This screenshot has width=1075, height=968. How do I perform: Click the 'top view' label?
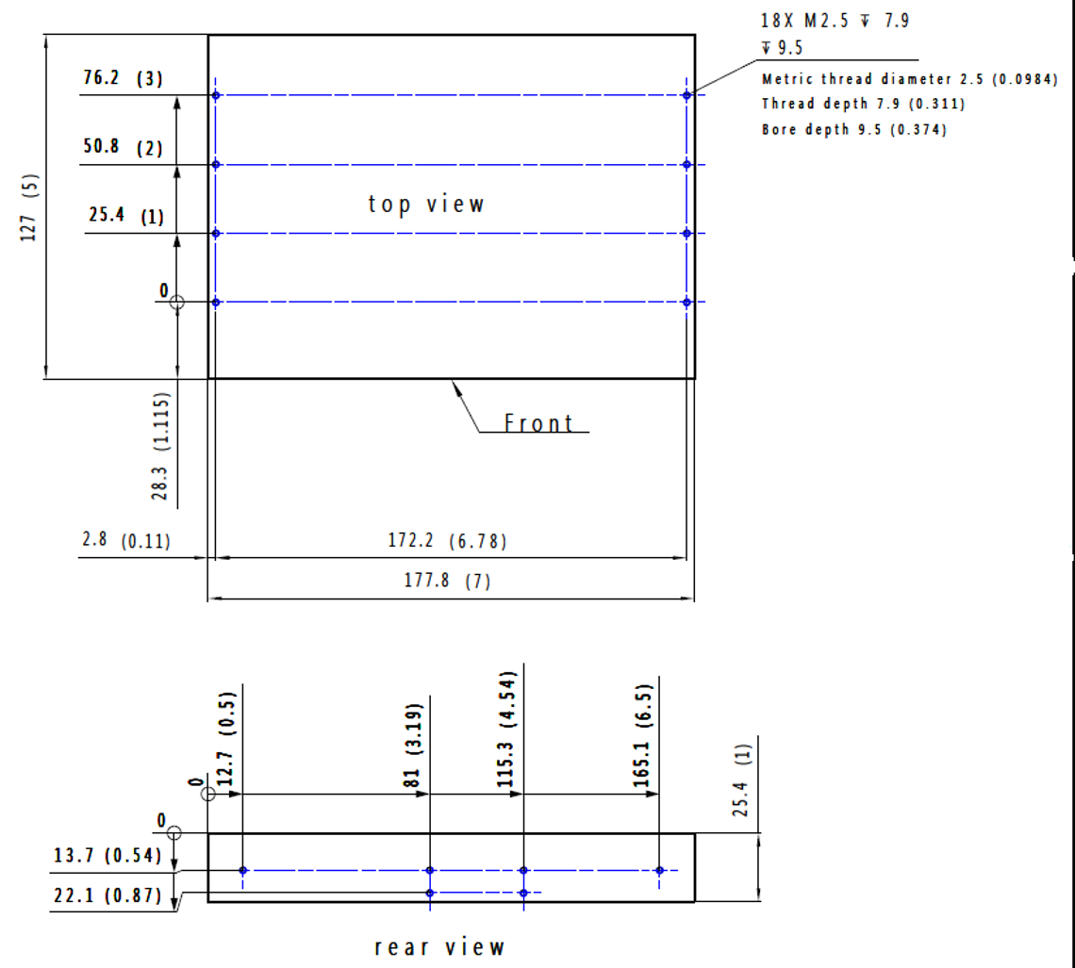[x=425, y=205]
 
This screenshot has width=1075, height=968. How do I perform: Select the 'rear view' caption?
[x=439, y=946]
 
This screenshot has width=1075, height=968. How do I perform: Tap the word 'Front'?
[x=538, y=422]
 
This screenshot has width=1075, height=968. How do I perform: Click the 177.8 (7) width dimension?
[x=447, y=581]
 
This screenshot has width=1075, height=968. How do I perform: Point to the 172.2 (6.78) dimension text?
[x=447, y=540]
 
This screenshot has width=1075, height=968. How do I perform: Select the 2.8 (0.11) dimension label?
[x=126, y=540]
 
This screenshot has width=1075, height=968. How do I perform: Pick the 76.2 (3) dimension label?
[x=124, y=77]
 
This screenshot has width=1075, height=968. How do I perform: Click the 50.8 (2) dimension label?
[x=124, y=147]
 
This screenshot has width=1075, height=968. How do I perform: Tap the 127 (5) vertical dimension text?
[x=29, y=207]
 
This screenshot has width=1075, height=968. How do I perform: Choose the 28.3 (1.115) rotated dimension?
[x=159, y=445]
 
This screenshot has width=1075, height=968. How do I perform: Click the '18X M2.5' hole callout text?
[x=804, y=21]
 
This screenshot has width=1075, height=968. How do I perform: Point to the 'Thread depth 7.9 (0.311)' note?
[x=863, y=104]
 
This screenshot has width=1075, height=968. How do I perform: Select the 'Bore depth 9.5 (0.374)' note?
[x=854, y=129]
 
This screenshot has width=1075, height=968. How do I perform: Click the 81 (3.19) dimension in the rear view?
[x=412, y=746]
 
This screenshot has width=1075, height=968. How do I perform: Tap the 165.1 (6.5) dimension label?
[x=642, y=735]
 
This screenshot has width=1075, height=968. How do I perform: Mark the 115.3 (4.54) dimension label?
[x=505, y=730]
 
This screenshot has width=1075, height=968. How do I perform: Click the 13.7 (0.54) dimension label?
[x=107, y=856]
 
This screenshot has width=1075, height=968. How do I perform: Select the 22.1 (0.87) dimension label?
[x=107, y=895]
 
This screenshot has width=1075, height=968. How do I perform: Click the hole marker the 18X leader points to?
[x=686, y=95]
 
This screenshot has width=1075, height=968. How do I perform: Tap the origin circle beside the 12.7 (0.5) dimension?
[x=208, y=794]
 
